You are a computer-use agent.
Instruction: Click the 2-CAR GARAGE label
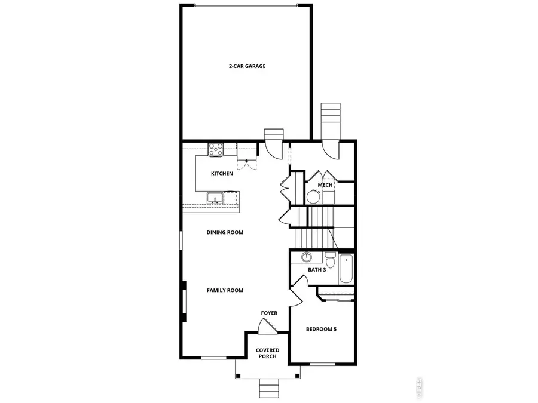247,66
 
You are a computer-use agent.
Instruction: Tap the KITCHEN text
222,174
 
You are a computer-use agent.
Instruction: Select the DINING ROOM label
225,232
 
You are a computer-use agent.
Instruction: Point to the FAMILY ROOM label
225,290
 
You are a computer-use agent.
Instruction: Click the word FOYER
269,313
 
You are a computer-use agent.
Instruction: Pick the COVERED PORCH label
267,353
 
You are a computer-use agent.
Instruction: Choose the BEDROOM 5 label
321,329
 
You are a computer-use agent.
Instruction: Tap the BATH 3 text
317,270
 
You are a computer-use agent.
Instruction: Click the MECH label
325,185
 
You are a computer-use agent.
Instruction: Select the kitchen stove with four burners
215,149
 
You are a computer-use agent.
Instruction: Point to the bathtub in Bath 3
346,269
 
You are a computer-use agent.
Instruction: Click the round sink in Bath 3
307,258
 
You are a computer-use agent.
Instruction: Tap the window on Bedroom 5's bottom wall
322,364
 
